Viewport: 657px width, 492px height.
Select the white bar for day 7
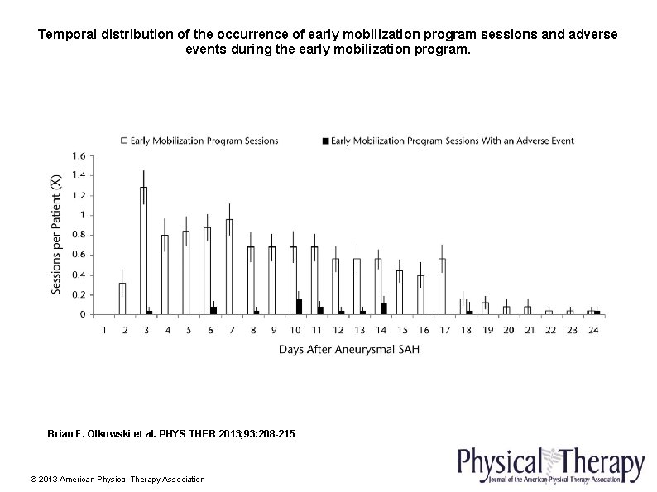229,266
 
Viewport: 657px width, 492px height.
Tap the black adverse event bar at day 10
299,307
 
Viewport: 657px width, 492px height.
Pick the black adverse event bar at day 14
384,308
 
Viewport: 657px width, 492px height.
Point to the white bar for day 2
122,299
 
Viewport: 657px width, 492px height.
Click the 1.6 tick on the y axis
79,155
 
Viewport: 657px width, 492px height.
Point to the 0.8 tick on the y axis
79,235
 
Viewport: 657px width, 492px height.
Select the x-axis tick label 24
592,330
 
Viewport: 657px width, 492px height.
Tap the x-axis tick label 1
104,330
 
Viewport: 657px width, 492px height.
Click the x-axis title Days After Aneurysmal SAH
348,350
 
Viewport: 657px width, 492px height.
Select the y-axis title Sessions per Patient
56,235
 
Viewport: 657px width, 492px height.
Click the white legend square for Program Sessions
124,141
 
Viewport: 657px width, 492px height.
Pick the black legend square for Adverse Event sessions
324,141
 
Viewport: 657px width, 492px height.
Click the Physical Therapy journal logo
551,464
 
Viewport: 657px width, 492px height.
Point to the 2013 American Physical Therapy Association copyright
117,479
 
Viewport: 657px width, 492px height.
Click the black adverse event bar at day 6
213,310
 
